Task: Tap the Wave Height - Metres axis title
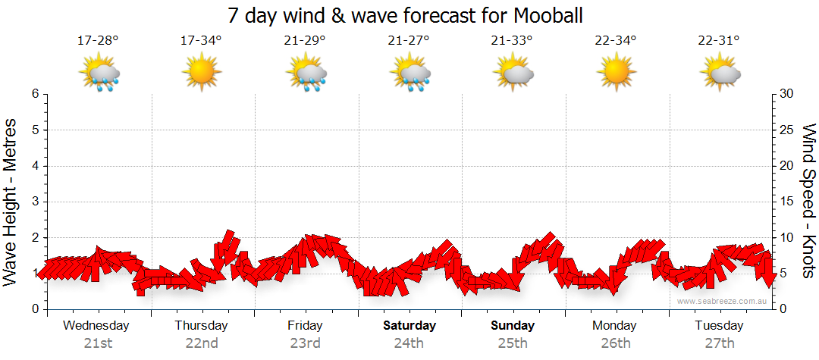[x=11, y=201]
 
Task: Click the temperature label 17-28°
[x=98, y=40]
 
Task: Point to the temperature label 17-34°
[x=201, y=40]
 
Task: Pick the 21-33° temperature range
[x=512, y=40]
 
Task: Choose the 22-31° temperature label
[x=719, y=40]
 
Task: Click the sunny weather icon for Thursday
[x=201, y=73]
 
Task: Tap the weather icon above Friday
[x=306, y=73]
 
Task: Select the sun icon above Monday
[x=615, y=73]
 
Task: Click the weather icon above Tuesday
[x=720, y=73]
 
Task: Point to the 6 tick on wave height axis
[x=35, y=94]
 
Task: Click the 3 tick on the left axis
[x=35, y=202]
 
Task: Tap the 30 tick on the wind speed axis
[x=786, y=94]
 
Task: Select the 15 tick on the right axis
[x=786, y=202]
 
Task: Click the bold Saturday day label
[x=409, y=326]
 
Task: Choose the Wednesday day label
[x=96, y=326]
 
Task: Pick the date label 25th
[x=513, y=343]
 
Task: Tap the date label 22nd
[x=202, y=343]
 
